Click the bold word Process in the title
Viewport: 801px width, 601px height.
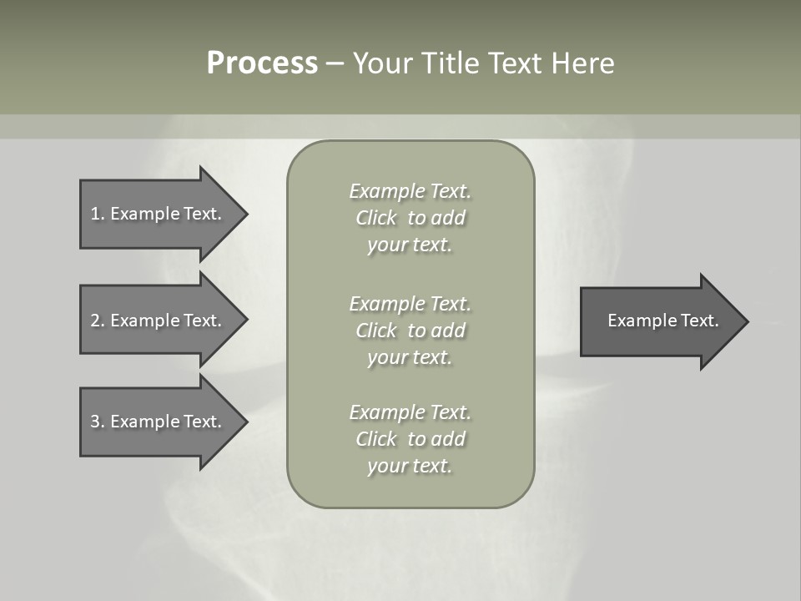[x=262, y=63]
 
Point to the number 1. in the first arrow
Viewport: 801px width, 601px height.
[x=98, y=214]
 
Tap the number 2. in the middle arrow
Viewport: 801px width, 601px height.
[x=98, y=321]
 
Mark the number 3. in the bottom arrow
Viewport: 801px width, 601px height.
[x=98, y=422]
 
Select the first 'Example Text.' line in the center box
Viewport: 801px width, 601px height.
[x=410, y=191]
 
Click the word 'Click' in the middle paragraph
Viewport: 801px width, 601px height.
[x=376, y=331]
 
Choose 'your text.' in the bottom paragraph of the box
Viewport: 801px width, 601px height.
[x=410, y=466]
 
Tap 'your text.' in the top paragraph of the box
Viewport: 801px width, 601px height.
[x=410, y=245]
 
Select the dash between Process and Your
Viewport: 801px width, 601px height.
[x=335, y=63]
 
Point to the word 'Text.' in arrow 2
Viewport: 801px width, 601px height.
[x=203, y=321]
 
